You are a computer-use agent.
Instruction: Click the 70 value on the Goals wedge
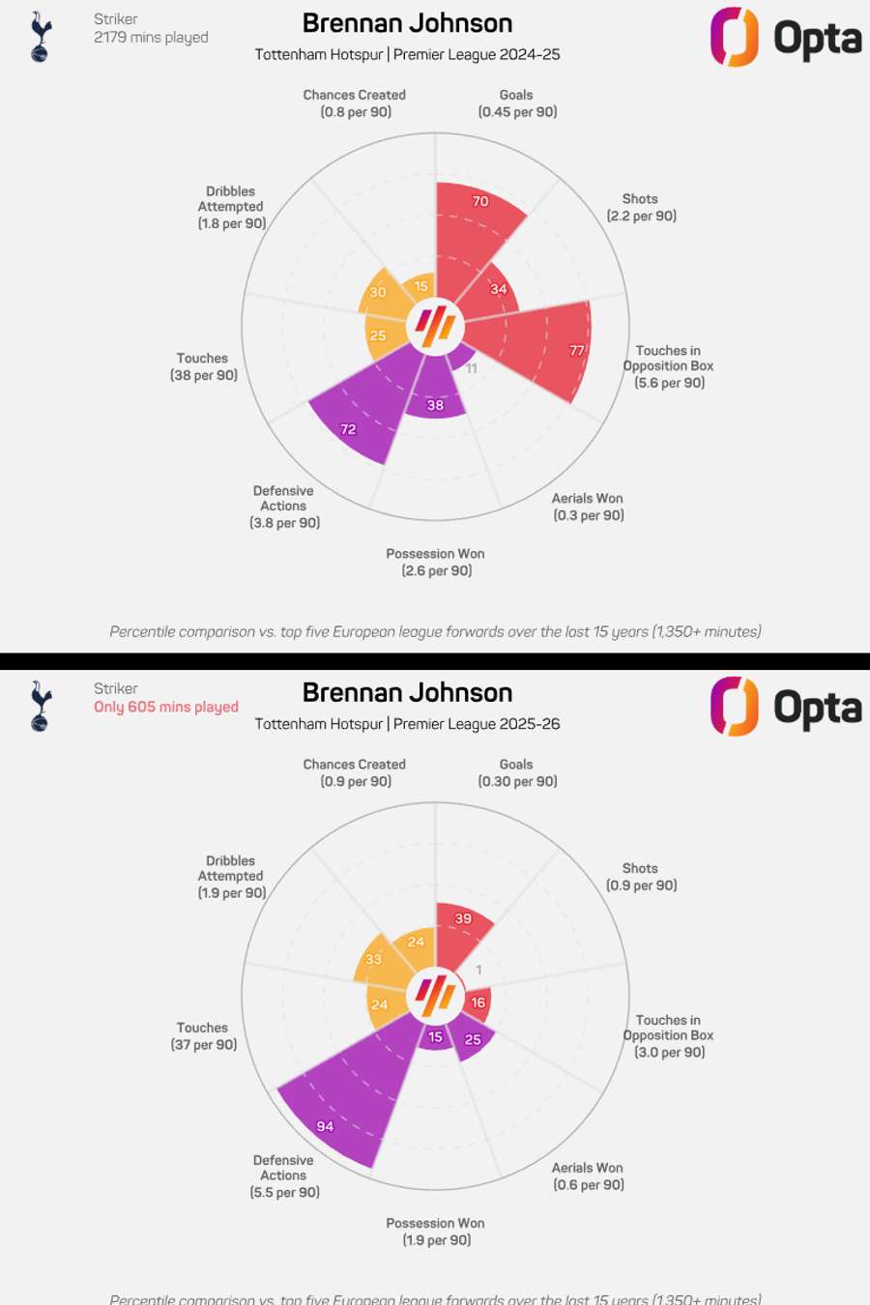pyautogui.click(x=480, y=201)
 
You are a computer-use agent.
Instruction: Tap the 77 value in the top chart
pyautogui.click(x=577, y=350)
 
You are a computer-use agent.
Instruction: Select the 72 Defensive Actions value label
pyautogui.click(x=348, y=429)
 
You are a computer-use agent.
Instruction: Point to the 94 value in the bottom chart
pyautogui.click(x=325, y=1126)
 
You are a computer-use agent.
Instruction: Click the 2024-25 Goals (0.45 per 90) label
pyautogui.click(x=517, y=103)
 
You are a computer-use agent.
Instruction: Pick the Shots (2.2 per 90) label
pyautogui.click(x=641, y=207)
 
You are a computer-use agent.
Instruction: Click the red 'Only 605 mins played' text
pyautogui.click(x=166, y=707)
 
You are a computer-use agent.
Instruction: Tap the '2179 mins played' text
pyautogui.click(x=151, y=37)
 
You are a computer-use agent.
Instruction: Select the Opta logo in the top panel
pyautogui.click(x=786, y=38)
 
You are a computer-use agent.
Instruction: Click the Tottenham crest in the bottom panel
pyautogui.click(x=40, y=706)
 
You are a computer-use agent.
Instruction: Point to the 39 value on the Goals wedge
pyautogui.click(x=463, y=918)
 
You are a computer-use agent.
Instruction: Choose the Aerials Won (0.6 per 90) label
pyautogui.click(x=588, y=1176)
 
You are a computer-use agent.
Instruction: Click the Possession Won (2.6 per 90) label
pyautogui.click(x=436, y=562)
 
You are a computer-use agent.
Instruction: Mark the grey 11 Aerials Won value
pyautogui.click(x=472, y=368)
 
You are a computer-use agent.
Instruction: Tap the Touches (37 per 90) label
pyautogui.click(x=203, y=1036)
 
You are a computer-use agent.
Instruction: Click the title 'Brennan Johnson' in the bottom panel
pyautogui.click(x=407, y=692)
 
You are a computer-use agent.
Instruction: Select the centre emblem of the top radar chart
pyautogui.click(x=435, y=326)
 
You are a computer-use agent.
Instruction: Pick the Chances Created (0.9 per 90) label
pyautogui.click(x=355, y=772)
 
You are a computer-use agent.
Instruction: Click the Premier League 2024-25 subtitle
pyautogui.click(x=407, y=54)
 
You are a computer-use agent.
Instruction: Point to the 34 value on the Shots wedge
pyautogui.click(x=499, y=289)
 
